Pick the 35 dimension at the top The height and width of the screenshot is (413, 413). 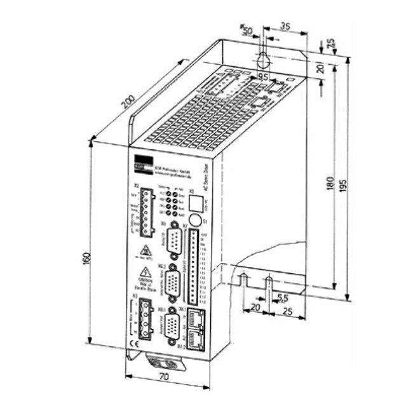point(284,27)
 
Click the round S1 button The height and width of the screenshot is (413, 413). point(196,220)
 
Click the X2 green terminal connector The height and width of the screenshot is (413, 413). point(147,204)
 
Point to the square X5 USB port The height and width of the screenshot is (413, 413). point(198,204)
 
